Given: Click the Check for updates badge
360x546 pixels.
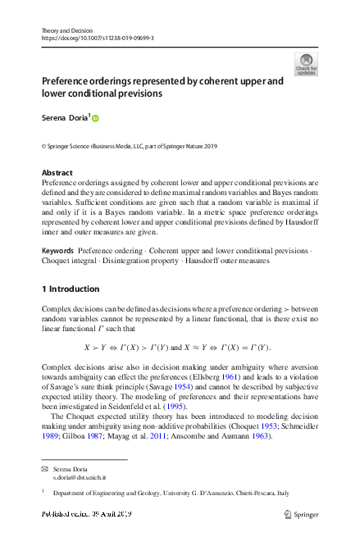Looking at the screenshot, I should coord(305,64).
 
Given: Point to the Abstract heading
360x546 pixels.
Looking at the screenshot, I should coord(57,173).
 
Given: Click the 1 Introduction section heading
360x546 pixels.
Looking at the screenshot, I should coord(71,289).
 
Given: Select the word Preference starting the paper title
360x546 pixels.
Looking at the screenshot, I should coord(72,82).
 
